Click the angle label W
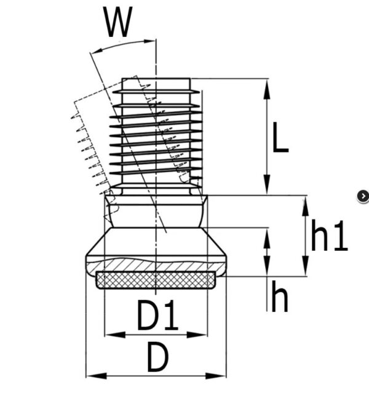point(118,23)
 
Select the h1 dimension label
point(328,237)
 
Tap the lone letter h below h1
point(280,298)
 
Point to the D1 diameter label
point(157,317)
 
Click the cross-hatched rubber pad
point(157,280)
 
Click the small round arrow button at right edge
point(363,196)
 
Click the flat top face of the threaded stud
point(156,79)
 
